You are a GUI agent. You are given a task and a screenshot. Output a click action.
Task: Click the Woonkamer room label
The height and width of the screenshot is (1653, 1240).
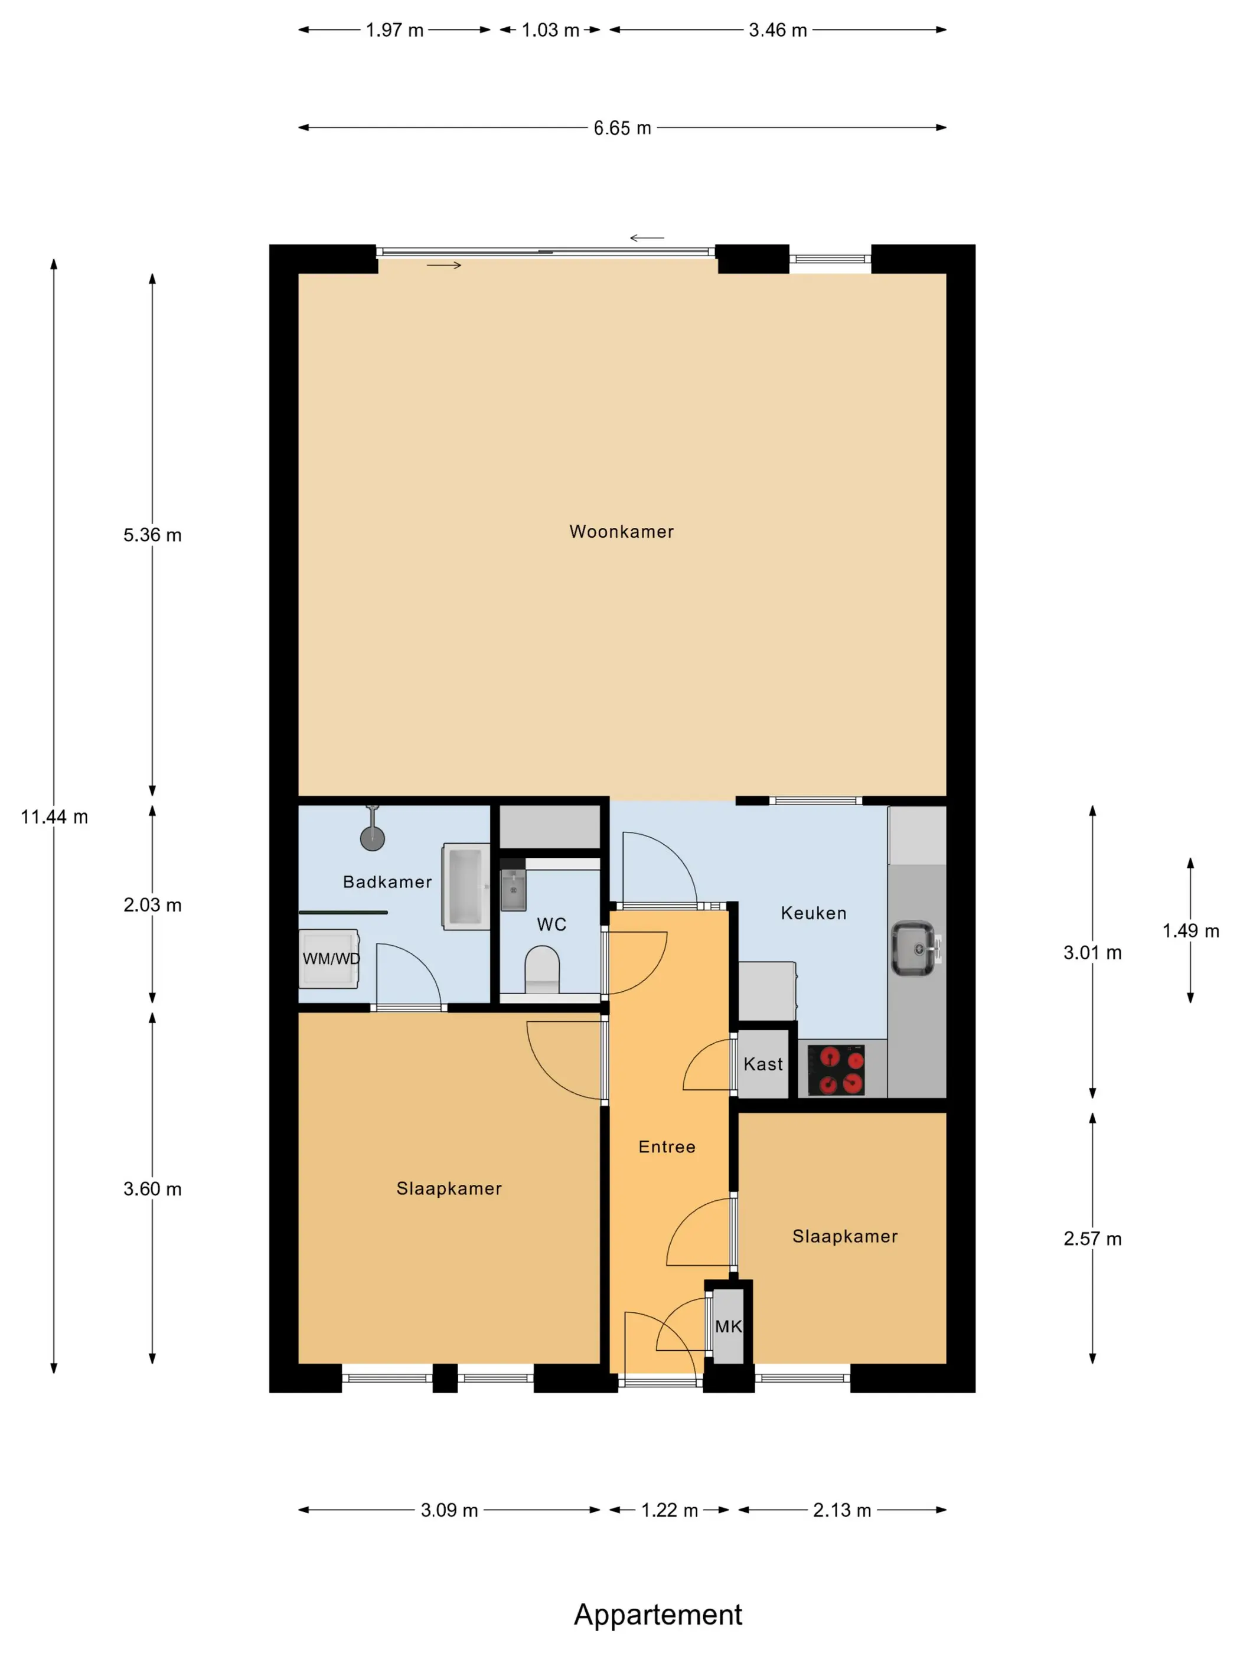pyautogui.click(x=621, y=531)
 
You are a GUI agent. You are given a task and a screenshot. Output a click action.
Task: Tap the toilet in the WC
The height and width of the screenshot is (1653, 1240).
pyautogui.click(x=542, y=969)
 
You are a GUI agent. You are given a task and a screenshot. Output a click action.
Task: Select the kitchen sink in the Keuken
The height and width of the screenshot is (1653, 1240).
pyautogui.click(x=915, y=948)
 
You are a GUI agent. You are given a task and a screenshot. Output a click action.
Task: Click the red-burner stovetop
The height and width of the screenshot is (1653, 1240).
pyautogui.click(x=836, y=1069)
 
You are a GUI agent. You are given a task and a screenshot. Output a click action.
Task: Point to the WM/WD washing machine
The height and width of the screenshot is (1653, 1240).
pyautogui.click(x=329, y=958)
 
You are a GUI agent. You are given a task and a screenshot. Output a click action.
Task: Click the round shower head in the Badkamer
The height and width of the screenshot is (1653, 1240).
pyautogui.click(x=372, y=838)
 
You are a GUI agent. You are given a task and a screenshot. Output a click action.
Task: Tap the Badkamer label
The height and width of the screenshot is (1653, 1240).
pyautogui.click(x=387, y=882)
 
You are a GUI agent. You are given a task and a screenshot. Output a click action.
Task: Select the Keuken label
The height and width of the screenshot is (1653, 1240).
pyautogui.click(x=813, y=913)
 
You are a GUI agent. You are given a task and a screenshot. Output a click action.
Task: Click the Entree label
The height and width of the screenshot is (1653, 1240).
pyautogui.click(x=667, y=1146)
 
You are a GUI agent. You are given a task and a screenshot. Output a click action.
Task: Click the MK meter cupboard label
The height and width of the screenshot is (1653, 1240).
pyautogui.click(x=729, y=1326)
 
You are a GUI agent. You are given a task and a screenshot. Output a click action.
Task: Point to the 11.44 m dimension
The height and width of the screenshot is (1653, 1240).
pyautogui.click(x=54, y=817)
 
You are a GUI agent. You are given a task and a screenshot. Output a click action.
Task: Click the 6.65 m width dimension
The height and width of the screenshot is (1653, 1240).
pyautogui.click(x=622, y=128)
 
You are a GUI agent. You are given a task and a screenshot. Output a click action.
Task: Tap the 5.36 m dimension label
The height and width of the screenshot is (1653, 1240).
pyautogui.click(x=152, y=535)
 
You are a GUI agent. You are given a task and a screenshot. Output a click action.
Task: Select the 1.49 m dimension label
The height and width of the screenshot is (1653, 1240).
pyautogui.click(x=1190, y=930)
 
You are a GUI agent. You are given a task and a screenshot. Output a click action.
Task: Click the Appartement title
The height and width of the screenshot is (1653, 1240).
pyautogui.click(x=658, y=1614)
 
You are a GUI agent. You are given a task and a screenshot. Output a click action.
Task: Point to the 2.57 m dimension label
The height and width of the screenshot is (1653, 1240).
pyautogui.click(x=1092, y=1238)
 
